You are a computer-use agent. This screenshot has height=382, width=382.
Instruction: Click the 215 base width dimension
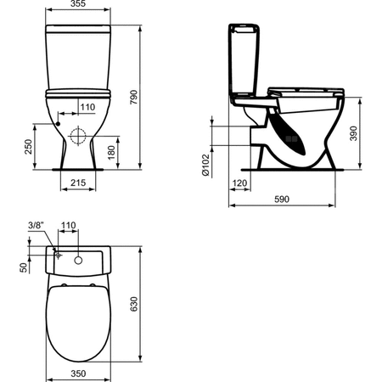pyautogui.click(x=77, y=183)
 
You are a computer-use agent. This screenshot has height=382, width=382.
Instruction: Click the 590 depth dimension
pyautogui.click(x=286, y=200)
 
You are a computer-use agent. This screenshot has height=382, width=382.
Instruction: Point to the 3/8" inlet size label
pyautogui.click(x=36, y=225)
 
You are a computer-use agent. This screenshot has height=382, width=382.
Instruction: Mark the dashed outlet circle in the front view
pyautogui.click(x=79, y=135)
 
